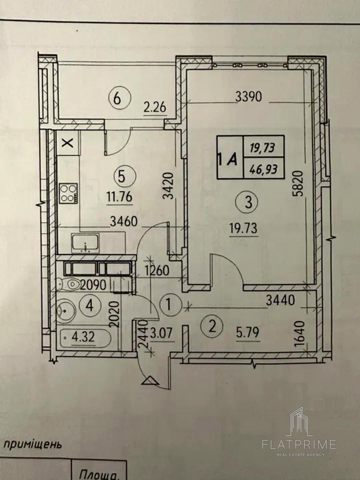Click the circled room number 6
117,98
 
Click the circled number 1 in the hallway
168,306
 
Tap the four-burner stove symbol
69,193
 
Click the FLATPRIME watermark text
299,444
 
